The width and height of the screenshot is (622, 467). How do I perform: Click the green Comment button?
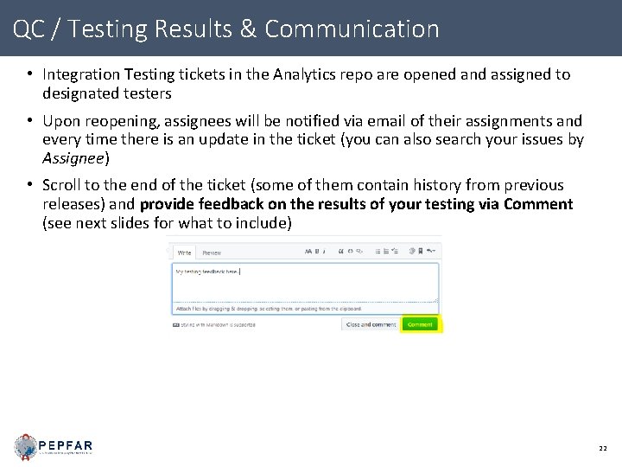coord(420,324)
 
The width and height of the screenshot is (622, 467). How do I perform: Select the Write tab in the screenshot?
coord(184,253)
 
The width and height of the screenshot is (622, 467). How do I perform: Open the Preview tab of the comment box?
coord(212,253)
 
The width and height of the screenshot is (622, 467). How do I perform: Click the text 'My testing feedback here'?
coord(207,271)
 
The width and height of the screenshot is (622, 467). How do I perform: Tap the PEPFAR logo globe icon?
coord(26,446)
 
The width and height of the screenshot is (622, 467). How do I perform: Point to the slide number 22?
coord(602,448)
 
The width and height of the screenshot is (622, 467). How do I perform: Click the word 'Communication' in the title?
coord(352,29)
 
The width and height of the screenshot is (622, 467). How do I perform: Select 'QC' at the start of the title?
coord(29,29)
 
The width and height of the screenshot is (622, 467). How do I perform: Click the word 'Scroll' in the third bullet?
coord(61,185)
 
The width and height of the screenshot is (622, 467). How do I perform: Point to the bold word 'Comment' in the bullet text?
coord(539,204)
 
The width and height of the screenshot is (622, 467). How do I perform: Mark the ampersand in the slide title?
coord(248,29)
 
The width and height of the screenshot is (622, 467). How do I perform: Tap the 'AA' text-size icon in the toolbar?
coord(308,252)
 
